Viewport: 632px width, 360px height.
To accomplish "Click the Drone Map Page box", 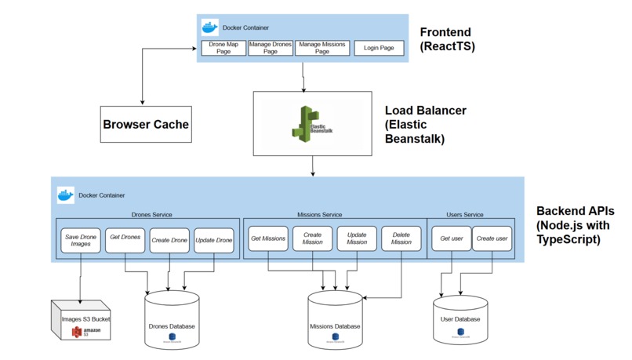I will coord(223,48).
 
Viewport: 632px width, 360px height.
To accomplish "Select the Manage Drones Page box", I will coord(271,48).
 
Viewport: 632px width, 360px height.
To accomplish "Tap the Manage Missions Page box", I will coord(321,48).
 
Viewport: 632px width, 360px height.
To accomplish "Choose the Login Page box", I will coord(379,49).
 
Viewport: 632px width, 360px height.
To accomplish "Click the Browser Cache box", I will coord(145,125).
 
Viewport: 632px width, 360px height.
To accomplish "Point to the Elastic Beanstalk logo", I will coord(312,122).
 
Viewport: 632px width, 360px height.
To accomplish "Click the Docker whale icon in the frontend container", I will coord(209,27).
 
